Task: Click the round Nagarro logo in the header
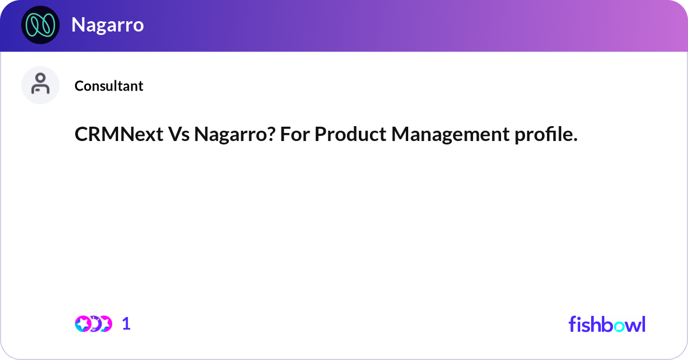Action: [x=40, y=25]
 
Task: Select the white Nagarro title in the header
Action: [x=107, y=25]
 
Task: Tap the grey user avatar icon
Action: [x=40, y=85]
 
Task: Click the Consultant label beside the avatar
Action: [x=109, y=86]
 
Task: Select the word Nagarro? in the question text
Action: [x=234, y=135]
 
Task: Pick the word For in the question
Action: [x=295, y=135]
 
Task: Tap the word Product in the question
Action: [x=350, y=135]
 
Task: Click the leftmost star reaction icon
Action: [x=83, y=324]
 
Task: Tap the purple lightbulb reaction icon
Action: [x=94, y=324]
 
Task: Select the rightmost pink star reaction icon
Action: [x=105, y=324]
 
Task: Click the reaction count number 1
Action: [x=126, y=324]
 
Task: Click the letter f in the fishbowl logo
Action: [x=572, y=324]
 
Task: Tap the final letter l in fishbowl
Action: [x=643, y=324]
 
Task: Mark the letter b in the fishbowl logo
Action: [x=602, y=324]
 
